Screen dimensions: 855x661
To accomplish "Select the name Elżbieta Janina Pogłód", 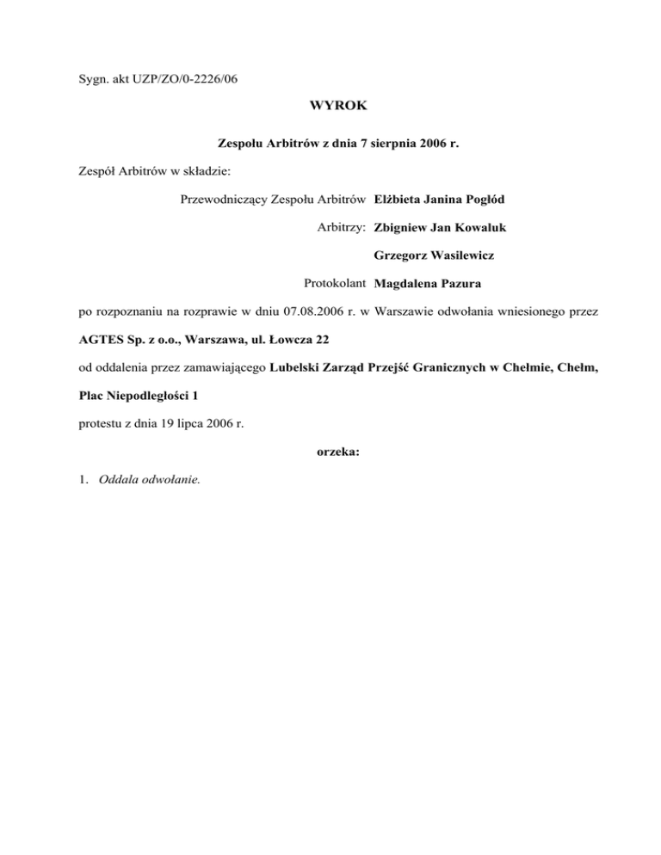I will (440, 200).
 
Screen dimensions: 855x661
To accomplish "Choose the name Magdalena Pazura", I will (428, 283).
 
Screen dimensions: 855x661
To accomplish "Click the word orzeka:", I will (330, 450).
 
